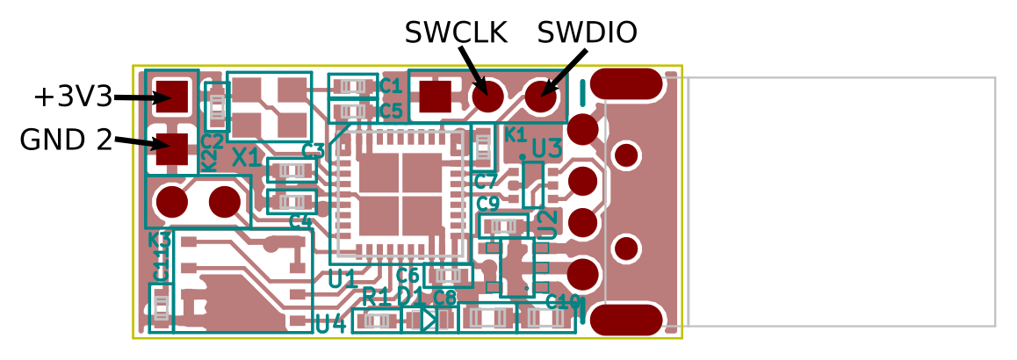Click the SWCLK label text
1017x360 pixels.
pyautogui.click(x=456, y=32)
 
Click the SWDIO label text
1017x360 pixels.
pyautogui.click(x=587, y=32)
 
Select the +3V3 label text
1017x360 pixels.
pyautogui.click(x=74, y=97)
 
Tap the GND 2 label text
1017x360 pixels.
pyautogui.click(x=66, y=139)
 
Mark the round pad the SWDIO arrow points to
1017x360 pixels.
pyautogui.click(x=541, y=96)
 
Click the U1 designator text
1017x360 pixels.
pyautogui.click(x=343, y=279)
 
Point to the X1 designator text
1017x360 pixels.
pyautogui.click(x=246, y=159)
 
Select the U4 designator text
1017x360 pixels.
pyautogui.click(x=330, y=324)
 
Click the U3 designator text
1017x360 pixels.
pyautogui.click(x=546, y=148)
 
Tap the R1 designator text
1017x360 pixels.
pyautogui.click(x=379, y=297)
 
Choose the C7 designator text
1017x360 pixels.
pyautogui.click(x=486, y=182)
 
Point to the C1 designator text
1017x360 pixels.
pyautogui.click(x=391, y=86)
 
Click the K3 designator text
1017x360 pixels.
pyautogui.click(x=159, y=239)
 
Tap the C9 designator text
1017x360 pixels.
pyautogui.click(x=488, y=204)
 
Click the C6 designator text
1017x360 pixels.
pyautogui.click(x=408, y=275)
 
